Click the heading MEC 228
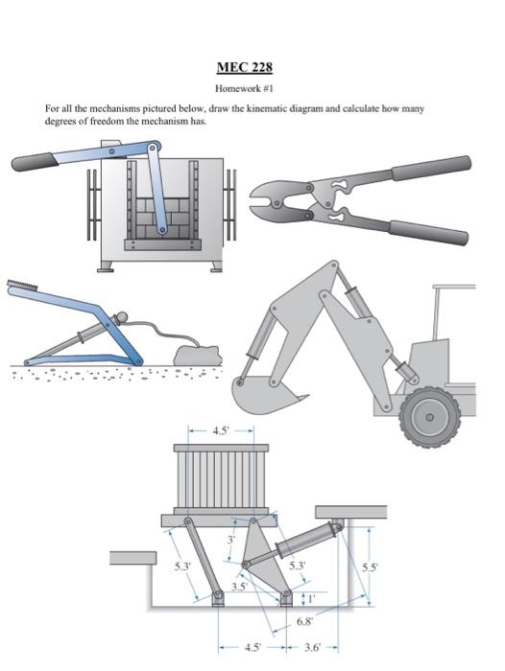(245, 68)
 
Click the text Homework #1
(244, 88)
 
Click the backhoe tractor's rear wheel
(429, 417)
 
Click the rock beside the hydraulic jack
(198, 356)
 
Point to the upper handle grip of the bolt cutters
(431, 168)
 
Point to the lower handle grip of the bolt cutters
(429, 233)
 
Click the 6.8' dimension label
(304, 621)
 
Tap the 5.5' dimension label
(370, 567)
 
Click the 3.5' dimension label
(240, 586)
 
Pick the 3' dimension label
(231, 539)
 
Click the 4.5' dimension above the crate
(222, 430)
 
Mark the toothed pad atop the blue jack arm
(23, 285)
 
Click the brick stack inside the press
(163, 219)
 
